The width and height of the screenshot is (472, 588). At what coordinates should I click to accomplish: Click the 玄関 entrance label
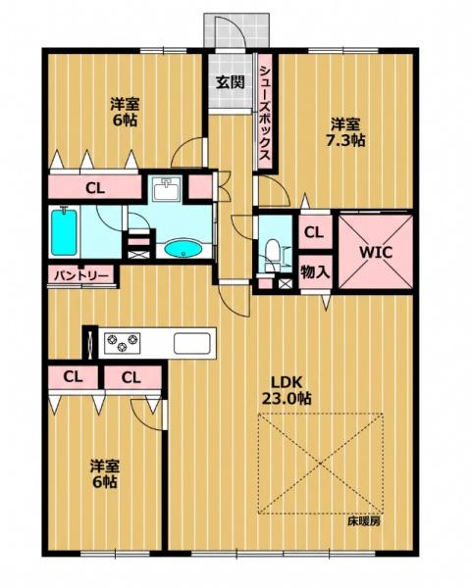click(x=230, y=81)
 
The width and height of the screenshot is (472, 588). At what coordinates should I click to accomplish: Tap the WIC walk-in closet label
click(x=376, y=252)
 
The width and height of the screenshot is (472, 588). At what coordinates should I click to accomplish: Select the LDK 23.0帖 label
click(x=287, y=390)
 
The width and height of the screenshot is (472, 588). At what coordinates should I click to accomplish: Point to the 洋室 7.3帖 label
click(x=345, y=132)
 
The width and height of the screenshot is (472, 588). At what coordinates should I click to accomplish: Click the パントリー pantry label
click(x=81, y=276)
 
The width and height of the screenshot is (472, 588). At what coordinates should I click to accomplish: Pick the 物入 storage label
click(x=315, y=271)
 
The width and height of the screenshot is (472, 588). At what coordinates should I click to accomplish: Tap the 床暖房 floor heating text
click(x=363, y=521)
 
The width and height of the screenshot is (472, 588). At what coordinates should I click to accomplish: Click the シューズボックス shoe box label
click(x=266, y=113)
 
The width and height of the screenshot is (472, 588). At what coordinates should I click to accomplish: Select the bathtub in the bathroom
click(x=64, y=232)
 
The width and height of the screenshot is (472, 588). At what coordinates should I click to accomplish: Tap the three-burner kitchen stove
click(x=122, y=343)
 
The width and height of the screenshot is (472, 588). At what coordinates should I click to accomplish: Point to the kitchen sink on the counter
click(x=191, y=343)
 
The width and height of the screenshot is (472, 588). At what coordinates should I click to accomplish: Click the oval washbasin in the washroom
click(x=184, y=249)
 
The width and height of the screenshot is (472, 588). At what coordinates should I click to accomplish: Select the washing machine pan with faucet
click(x=168, y=189)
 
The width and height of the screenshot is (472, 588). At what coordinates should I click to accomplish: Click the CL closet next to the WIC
click(x=315, y=232)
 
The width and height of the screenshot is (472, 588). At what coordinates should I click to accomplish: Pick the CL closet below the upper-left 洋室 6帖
click(x=95, y=187)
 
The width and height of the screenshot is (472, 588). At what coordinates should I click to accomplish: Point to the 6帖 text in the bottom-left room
click(x=105, y=482)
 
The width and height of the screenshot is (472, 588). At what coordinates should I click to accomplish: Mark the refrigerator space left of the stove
click(x=89, y=343)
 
